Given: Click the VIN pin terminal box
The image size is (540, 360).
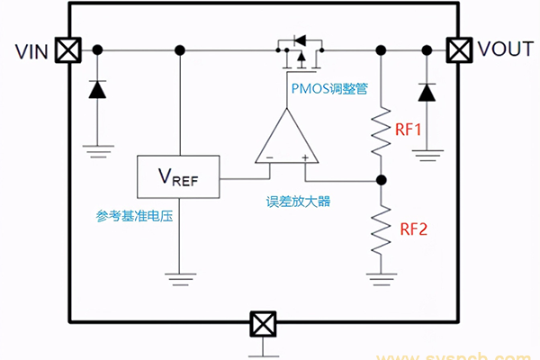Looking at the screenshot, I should [66, 49].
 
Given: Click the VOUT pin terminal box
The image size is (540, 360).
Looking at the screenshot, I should [460, 49].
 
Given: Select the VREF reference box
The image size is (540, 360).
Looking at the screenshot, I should [177, 177].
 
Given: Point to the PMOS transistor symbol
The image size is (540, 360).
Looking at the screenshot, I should [297, 51].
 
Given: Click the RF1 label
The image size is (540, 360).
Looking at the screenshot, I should [409, 130].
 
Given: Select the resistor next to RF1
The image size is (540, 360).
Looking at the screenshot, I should [381, 130].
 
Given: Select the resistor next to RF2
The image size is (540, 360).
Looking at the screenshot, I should [381, 229].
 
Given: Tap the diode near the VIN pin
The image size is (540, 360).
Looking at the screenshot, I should [96, 90].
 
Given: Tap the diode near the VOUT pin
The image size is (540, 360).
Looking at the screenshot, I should [426, 92].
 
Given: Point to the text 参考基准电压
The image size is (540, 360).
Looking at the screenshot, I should [133, 216].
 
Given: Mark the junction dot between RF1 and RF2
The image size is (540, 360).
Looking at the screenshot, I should [381, 178].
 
